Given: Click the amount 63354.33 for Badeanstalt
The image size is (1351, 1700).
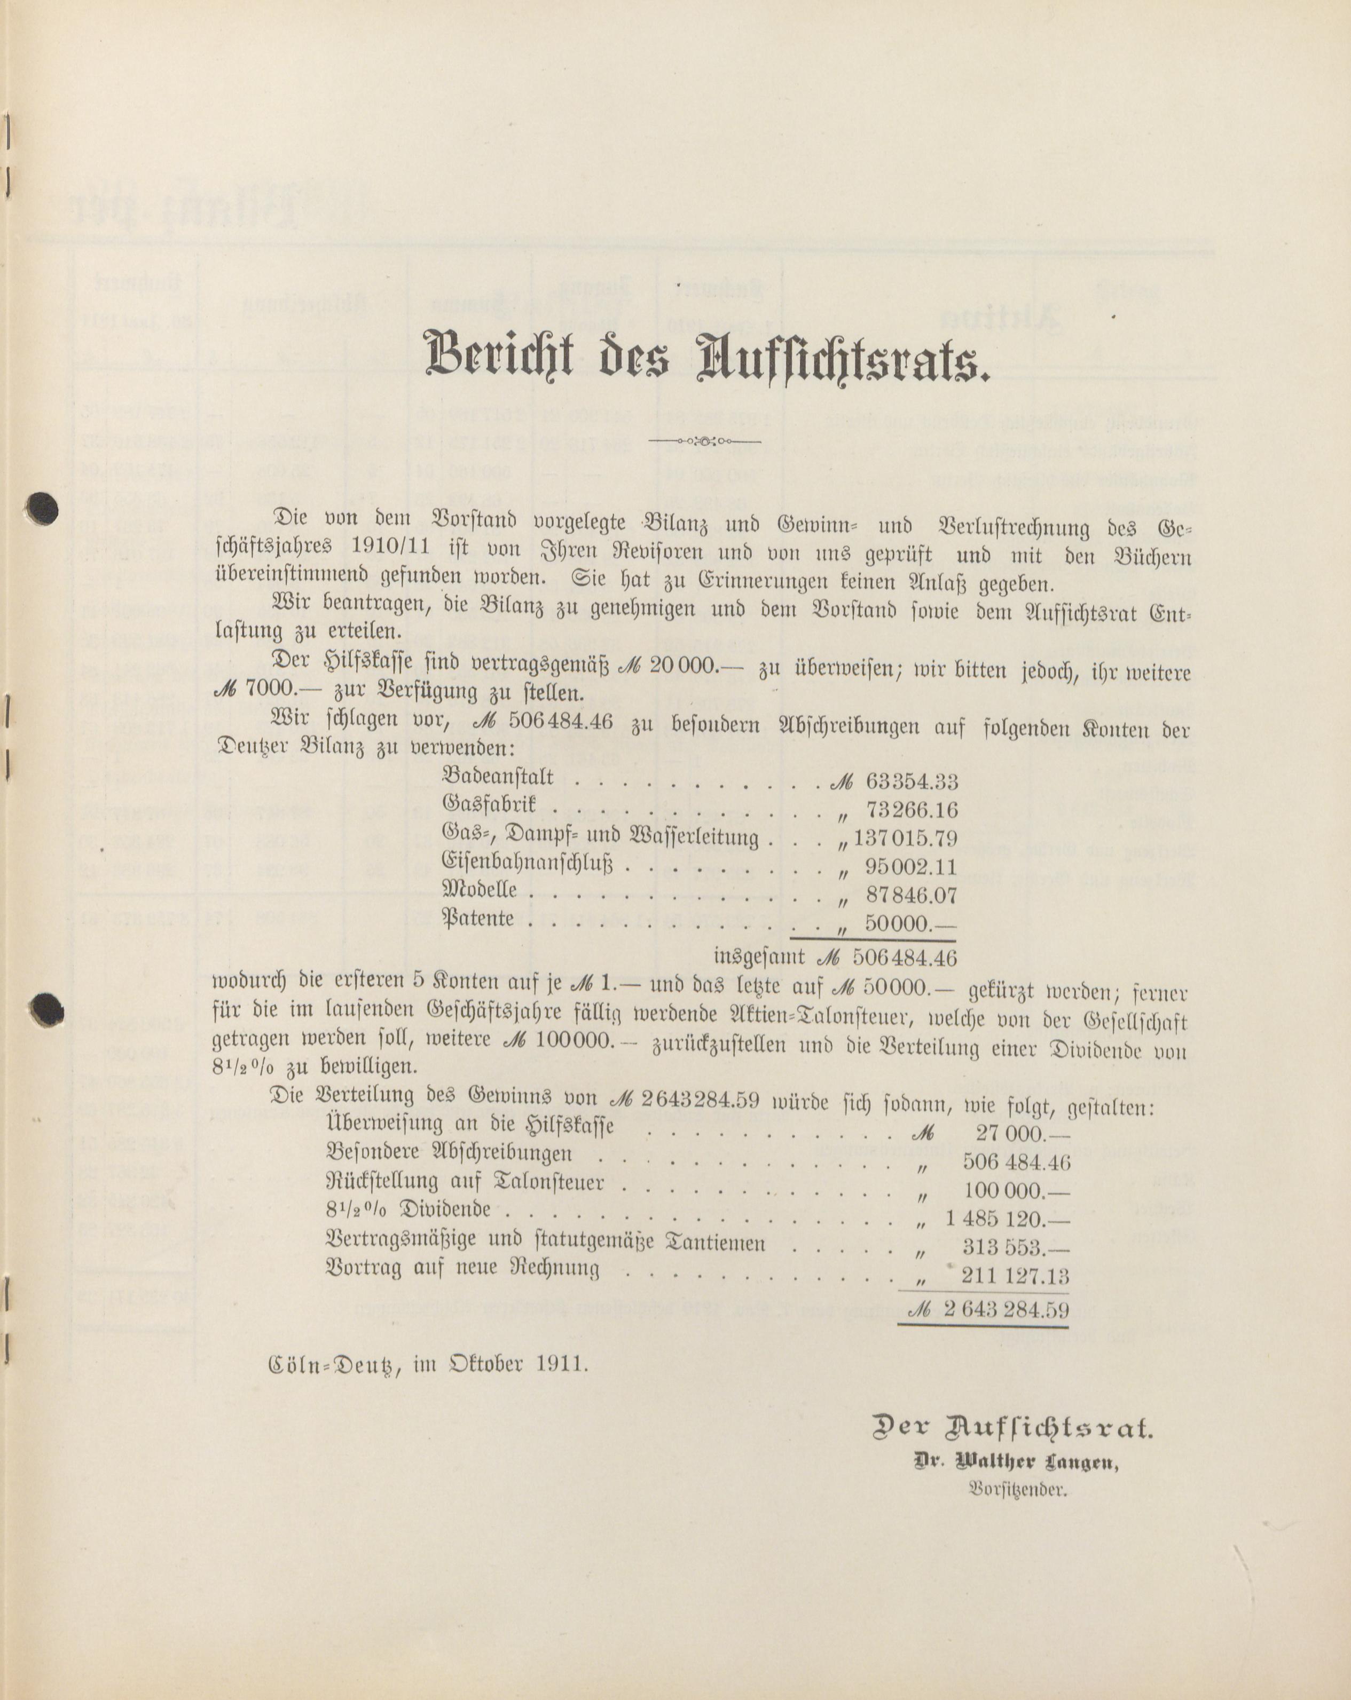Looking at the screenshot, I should [x=912, y=781].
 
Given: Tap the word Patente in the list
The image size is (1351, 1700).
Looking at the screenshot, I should [x=478, y=919].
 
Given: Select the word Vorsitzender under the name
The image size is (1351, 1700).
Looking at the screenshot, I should [x=1017, y=1490].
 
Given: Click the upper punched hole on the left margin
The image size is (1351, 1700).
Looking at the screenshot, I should [x=42, y=509].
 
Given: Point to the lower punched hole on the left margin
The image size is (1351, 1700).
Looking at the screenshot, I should [x=46, y=1008].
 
